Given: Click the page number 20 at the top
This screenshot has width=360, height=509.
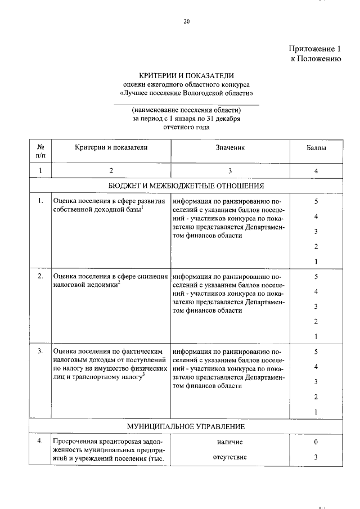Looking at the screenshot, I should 187,22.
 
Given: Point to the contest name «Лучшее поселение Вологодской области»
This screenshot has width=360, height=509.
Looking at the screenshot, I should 186,92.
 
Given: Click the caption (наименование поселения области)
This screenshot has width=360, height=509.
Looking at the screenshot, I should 186,110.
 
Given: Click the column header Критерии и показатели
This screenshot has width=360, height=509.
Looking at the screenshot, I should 111,147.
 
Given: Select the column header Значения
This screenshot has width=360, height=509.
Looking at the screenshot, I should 229,147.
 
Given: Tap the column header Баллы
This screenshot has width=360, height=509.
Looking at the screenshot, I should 316,148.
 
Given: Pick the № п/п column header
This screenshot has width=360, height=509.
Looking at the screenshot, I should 40,151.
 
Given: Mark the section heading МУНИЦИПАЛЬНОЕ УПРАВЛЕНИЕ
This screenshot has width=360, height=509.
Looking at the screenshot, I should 186,426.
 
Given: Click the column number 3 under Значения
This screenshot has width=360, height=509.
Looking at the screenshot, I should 229,170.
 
